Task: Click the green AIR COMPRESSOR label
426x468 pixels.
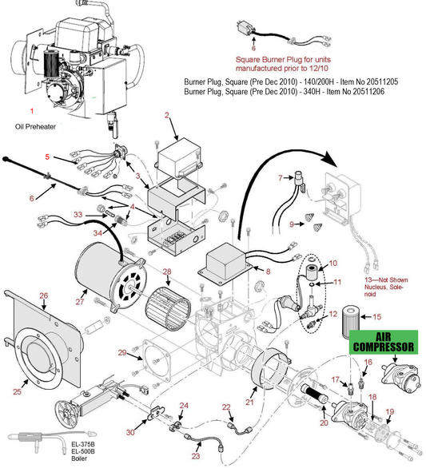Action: coord(384,343)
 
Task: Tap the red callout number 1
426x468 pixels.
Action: coord(32,109)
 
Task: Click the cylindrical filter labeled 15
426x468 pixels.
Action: coord(346,320)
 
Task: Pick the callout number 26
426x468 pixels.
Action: coord(44,295)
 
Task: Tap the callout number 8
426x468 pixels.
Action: coord(268,272)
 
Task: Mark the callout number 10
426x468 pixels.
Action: coord(333,263)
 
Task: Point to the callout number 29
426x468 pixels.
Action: coord(121,352)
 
